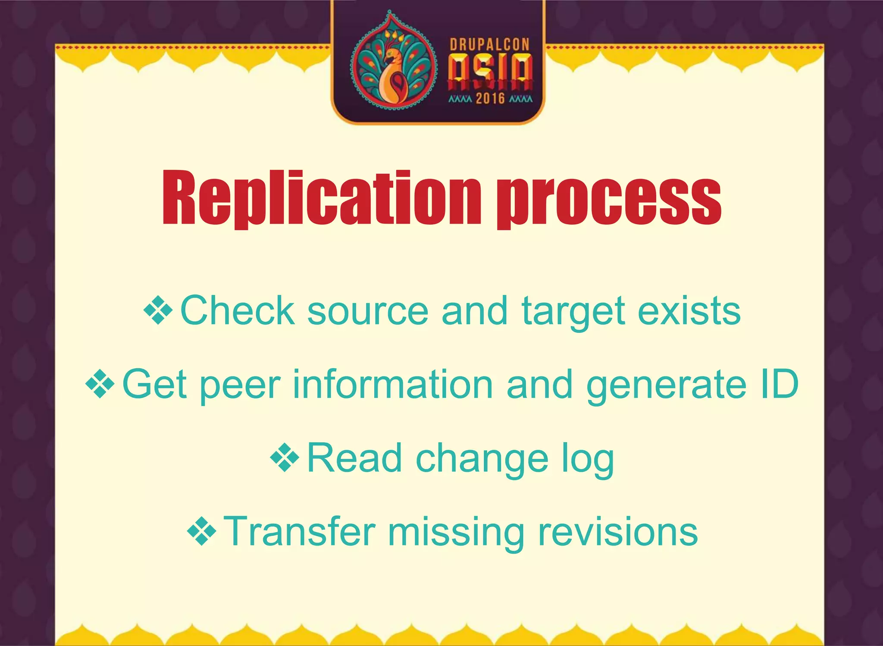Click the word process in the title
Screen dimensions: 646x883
(609, 200)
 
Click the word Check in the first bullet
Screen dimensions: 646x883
(237, 310)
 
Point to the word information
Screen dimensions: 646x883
(392, 384)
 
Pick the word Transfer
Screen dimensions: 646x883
(300, 532)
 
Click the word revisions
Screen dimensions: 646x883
(617, 532)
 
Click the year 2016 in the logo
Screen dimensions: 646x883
(490, 99)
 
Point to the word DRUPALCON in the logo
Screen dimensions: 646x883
(489, 45)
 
